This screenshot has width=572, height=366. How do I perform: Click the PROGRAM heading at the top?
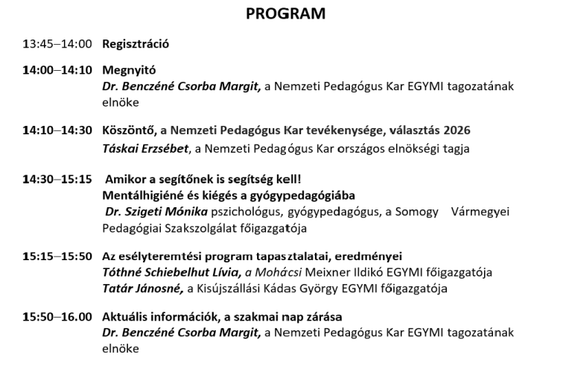click(x=286, y=13)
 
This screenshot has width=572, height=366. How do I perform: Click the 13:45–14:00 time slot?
click(x=57, y=44)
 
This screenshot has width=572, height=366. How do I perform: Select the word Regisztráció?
click(x=136, y=44)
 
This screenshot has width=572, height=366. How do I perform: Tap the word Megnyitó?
click(x=129, y=71)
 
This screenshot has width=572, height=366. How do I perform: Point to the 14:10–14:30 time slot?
click(x=57, y=130)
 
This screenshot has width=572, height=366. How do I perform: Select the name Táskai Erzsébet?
click(x=146, y=148)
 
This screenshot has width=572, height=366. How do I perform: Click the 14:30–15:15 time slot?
click(x=57, y=180)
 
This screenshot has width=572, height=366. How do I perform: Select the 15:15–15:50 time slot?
click(x=57, y=256)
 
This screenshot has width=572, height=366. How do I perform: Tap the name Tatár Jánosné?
click(x=142, y=288)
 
